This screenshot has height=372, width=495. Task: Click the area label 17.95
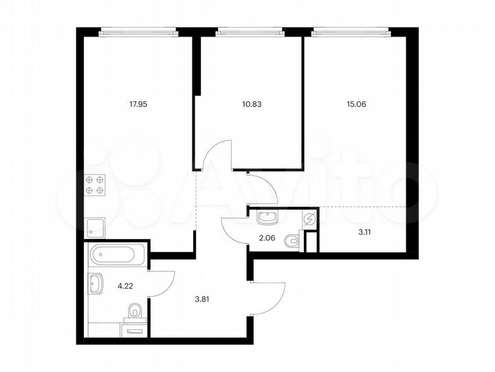pyautogui.click(x=138, y=105)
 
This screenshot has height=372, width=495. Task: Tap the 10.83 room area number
pyautogui.click(x=252, y=105)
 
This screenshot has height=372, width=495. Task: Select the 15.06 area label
pyautogui.click(x=357, y=105)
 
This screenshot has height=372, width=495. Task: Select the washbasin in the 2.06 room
pyautogui.click(x=266, y=218)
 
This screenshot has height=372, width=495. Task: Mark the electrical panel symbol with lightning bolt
pyautogui.click(x=309, y=220)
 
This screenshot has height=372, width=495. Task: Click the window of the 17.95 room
pyautogui.click(x=137, y=31)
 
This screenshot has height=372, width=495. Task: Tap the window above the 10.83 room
pyautogui.click(x=249, y=31)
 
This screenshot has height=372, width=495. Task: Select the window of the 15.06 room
pyautogui.click(x=351, y=31)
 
